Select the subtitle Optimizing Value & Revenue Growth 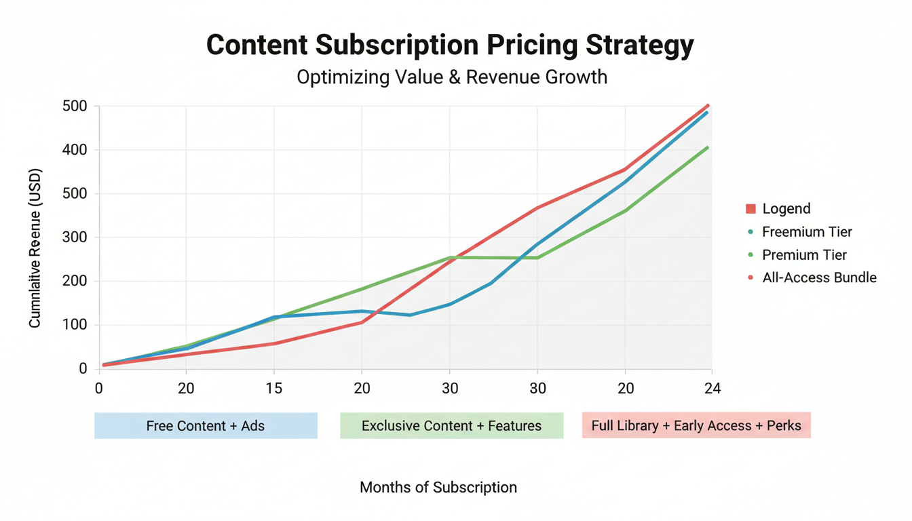click(451, 77)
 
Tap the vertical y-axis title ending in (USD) click(35, 248)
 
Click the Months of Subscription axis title click(438, 487)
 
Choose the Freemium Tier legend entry click(806, 232)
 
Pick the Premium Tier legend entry click(804, 255)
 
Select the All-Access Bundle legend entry click(819, 277)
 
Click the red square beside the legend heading click(750, 209)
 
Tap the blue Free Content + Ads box click(206, 426)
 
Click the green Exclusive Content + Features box click(451, 426)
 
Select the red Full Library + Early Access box click(696, 426)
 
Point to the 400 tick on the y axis click(75, 150)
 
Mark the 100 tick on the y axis click(75, 325)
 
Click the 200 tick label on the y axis click(75, 281)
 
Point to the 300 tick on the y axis click(75, 237)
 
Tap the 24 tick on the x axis click(712, 389)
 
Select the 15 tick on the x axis click(273, 389)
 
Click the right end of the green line click(708, 147)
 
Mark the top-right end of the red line click(708, 105)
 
